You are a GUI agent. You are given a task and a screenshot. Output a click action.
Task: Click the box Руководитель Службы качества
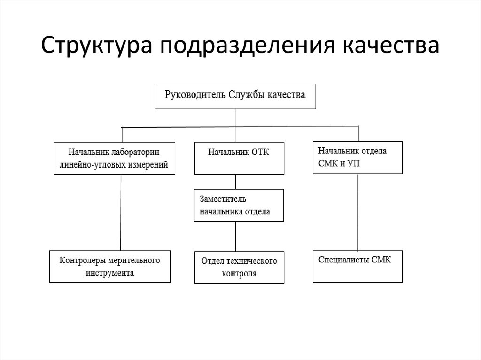[235, 96]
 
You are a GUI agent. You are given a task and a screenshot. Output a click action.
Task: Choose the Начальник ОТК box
[239, 158]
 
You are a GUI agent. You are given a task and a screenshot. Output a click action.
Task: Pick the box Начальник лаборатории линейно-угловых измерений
[115, 158]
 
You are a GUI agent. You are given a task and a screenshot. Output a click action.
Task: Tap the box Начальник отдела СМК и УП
[357, 157]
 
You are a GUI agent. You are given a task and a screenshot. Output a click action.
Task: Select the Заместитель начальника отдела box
[239, 205]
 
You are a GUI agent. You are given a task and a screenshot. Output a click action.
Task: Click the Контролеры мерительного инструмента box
[110, 266]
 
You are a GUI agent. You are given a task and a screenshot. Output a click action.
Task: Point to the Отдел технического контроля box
[239, 267]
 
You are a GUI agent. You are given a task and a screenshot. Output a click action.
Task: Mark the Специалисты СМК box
[357, 266]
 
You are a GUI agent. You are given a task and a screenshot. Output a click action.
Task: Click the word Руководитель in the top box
[194, 94]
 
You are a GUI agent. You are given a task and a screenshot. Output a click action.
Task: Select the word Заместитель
[220, 199]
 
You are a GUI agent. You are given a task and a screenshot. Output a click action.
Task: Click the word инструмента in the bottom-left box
[110, 272]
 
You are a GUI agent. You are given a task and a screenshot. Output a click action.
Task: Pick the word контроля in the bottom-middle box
[239, 274]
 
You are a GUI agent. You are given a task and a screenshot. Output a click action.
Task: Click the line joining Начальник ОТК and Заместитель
[235, 181]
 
